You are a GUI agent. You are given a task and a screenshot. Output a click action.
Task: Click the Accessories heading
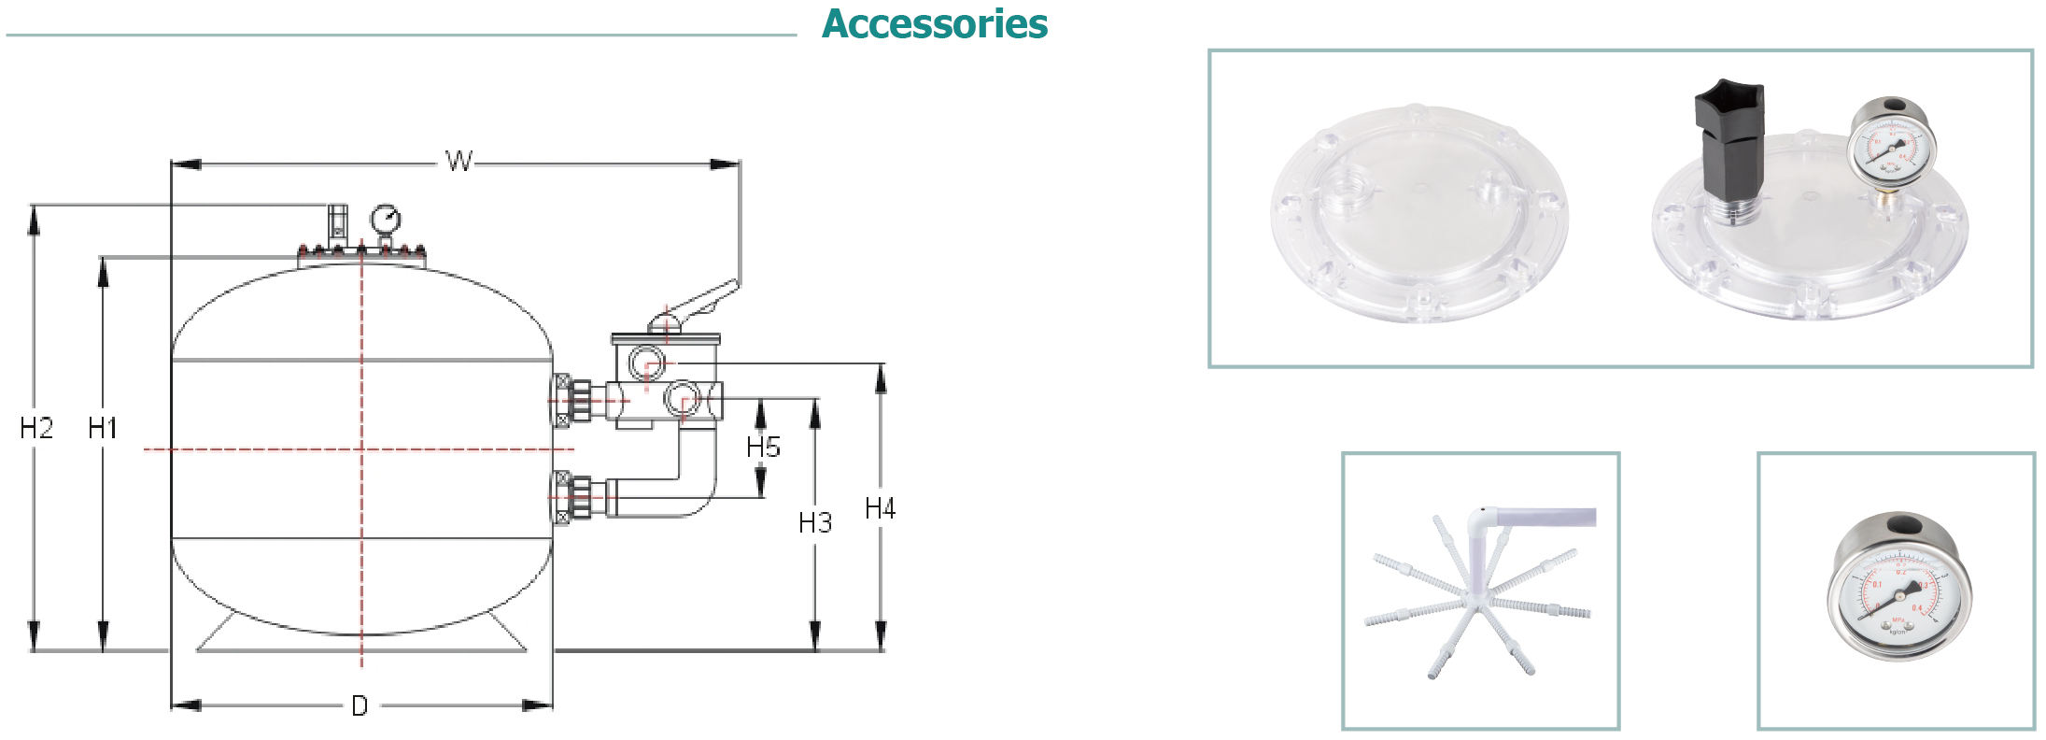[x=934, y=24]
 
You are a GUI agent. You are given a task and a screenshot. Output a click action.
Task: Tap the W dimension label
[x=458, y=162]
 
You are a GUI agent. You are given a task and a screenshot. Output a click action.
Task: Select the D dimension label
[x=360, y=706]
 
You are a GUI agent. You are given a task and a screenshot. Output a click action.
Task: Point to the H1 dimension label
[x=102, y=429]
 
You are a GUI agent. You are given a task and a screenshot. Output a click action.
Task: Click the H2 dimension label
[x=35, y=429]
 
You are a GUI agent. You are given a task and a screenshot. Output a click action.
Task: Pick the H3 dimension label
[x=814, y=523]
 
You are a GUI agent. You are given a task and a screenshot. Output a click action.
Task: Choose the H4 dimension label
[x=880, y=509]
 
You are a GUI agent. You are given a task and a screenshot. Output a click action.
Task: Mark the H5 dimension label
[x=762, y=448]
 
